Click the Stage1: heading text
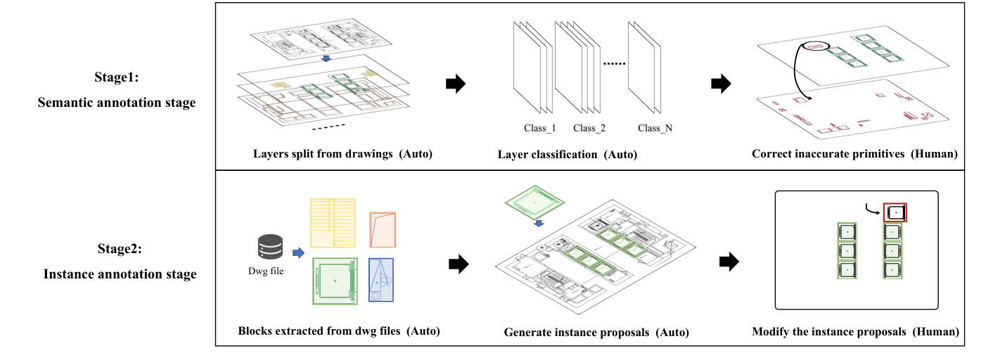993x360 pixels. tap(117, 77)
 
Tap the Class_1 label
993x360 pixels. tap(540, 128)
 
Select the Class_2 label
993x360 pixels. tap(589, 128)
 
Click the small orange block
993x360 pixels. tap(383, 229)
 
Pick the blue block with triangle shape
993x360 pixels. tap(380, 280)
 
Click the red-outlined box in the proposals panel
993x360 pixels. tap(895, 212)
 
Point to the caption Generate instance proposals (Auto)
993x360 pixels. tap(596, 332)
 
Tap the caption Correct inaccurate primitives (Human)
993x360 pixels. tap(854, 154)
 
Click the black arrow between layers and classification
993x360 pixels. tap(456, 84)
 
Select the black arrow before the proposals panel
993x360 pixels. tap(729, 262)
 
